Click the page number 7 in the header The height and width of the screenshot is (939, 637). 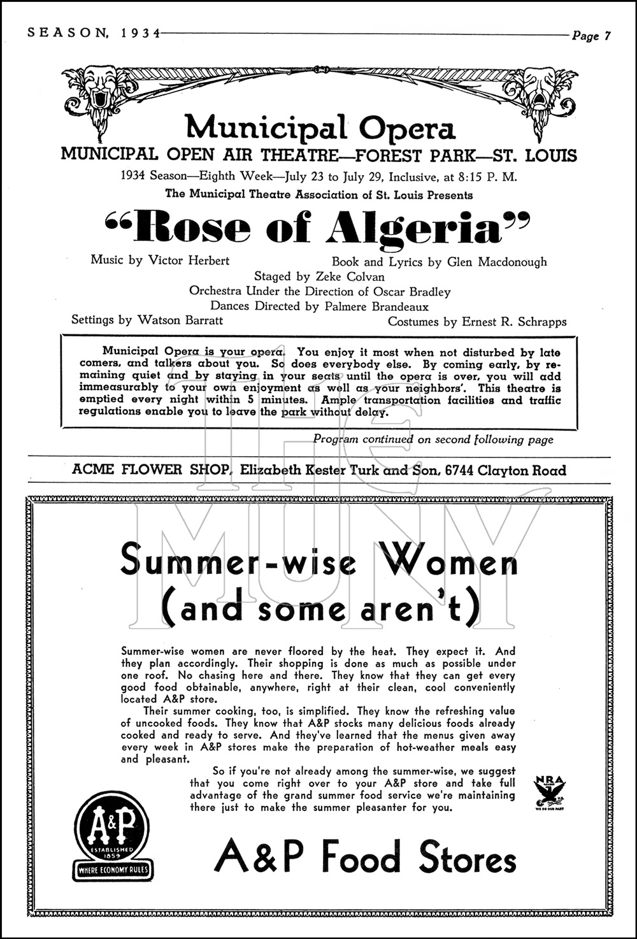[x=607, y=36]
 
